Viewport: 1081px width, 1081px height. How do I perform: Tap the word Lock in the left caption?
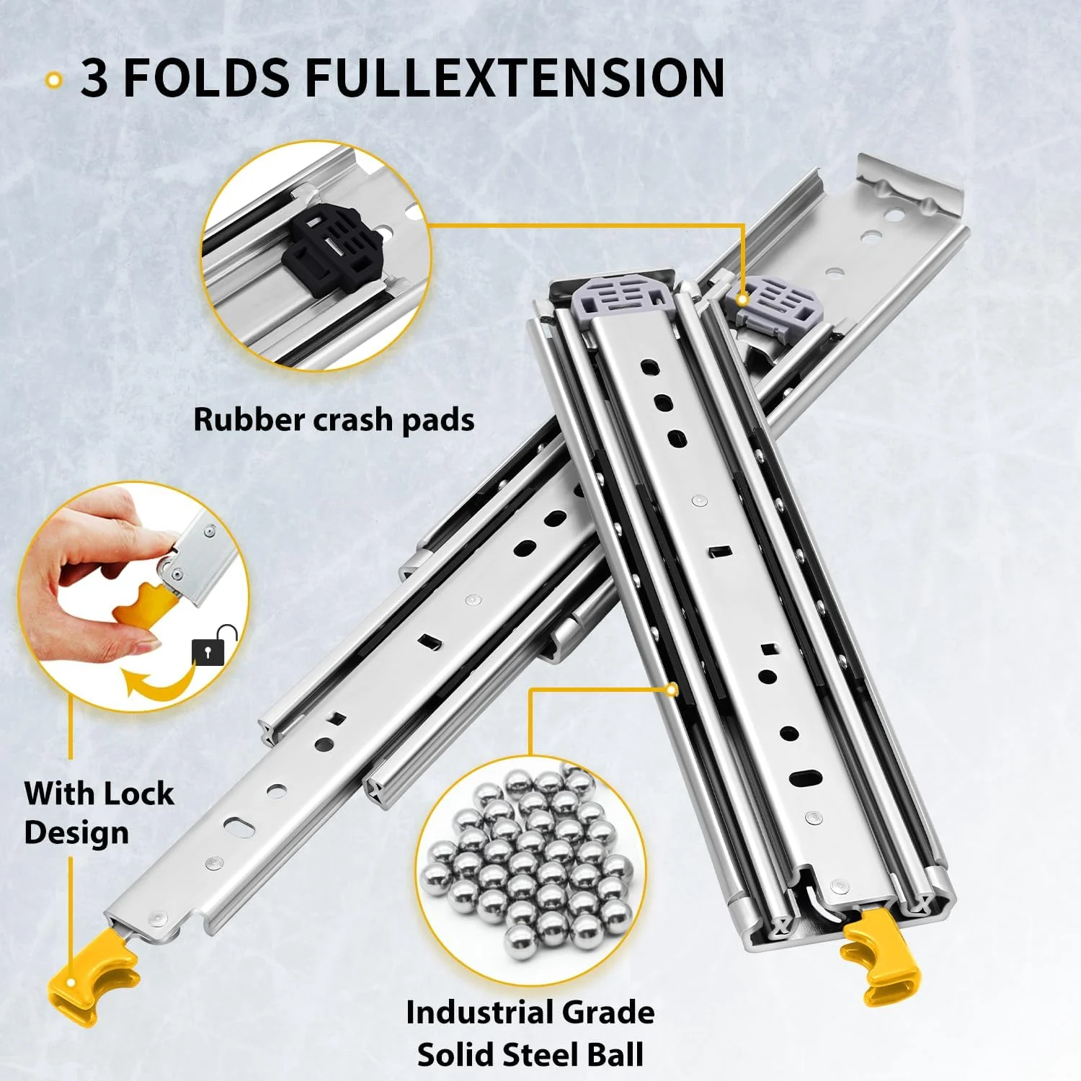137,793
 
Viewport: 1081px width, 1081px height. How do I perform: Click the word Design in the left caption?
76,833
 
